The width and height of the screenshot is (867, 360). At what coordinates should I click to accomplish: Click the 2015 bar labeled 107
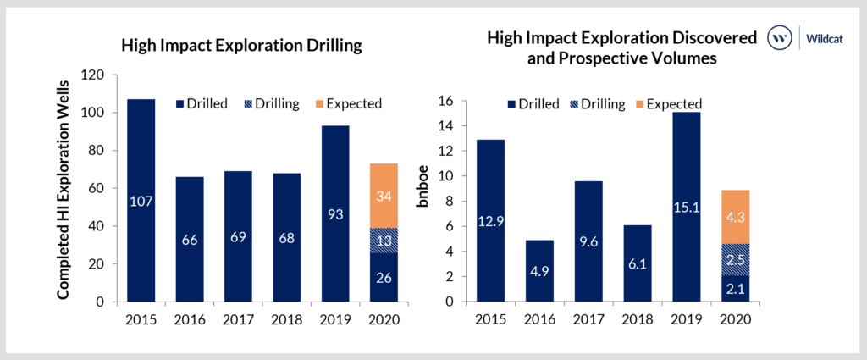[x=141, y=201]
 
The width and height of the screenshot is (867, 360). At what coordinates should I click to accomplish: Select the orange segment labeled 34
[x=383, y=197]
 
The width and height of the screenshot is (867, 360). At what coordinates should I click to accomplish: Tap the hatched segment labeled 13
[x=383, y=241]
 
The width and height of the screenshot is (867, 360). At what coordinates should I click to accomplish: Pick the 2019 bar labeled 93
[x=334, y=213]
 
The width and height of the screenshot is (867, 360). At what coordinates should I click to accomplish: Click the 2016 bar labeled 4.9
[x=539, y=271]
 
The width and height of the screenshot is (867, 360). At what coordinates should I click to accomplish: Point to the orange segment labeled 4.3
[x=734, y=217]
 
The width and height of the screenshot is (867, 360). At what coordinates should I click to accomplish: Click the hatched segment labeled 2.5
[x=734, y=259]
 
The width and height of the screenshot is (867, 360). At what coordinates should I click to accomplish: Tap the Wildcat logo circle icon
[x=780, y=37]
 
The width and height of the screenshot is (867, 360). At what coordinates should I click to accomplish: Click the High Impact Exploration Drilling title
[x=241, y=46]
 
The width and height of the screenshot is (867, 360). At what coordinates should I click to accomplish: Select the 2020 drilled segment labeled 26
[x=383, y=277]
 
